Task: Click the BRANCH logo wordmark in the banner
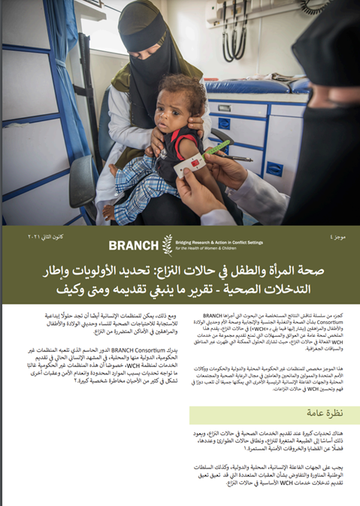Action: coord(134,244)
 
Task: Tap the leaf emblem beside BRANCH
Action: coord(168,244)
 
